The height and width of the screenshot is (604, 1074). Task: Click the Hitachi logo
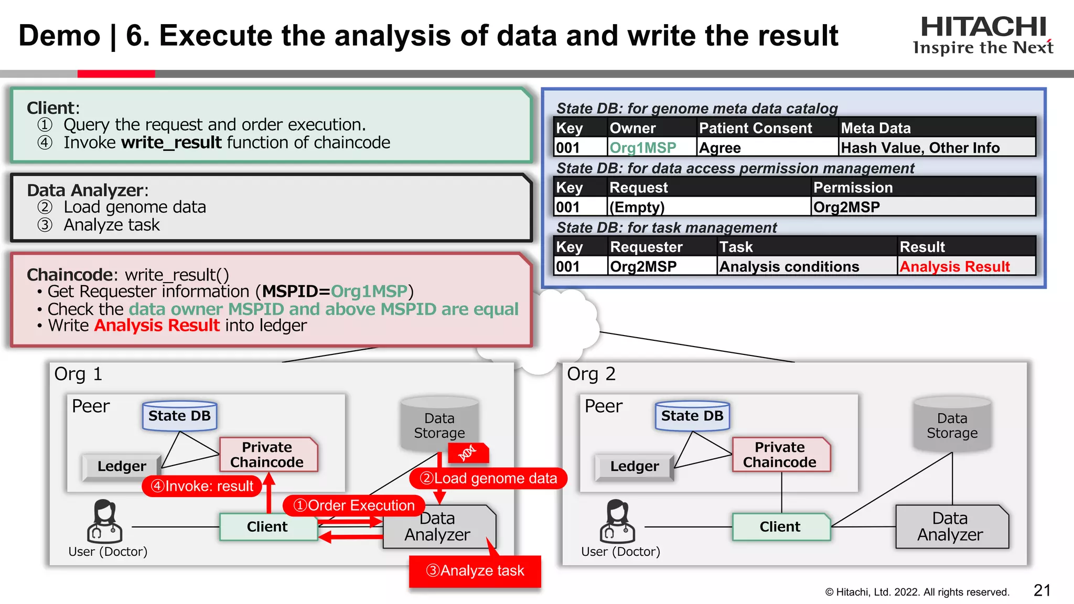(x=983, y=35)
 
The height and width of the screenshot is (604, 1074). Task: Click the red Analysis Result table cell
(x=954, y=267)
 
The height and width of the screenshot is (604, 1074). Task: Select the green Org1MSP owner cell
(x=643, y=148)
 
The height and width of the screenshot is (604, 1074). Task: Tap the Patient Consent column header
(x=755, y=128)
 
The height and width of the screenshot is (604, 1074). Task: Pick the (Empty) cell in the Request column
(x=637, y=208)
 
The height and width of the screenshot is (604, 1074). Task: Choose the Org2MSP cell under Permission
(x=846, y=208)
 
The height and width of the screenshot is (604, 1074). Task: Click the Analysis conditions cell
(x=789, y=267)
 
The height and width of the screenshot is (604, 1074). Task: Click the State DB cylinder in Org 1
(x=179, y=416)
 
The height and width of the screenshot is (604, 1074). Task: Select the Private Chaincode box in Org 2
(x=780, y=455)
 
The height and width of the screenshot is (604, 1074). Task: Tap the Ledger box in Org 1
(x=122, y=466)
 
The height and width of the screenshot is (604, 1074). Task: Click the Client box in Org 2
(x=780, y=527)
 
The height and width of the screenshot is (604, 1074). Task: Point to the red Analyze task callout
(x=475, y=570)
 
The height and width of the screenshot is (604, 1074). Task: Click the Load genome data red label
(x=488, y=478)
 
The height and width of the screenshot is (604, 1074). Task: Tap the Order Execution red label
(x=354, y=505)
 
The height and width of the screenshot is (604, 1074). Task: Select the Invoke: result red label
(x=202, y=486)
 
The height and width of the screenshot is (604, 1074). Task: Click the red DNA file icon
(x=468, y=452)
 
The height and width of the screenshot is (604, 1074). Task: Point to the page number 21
(x=1041, y=590)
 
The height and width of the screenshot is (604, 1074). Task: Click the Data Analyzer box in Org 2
(x=950, y=526)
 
